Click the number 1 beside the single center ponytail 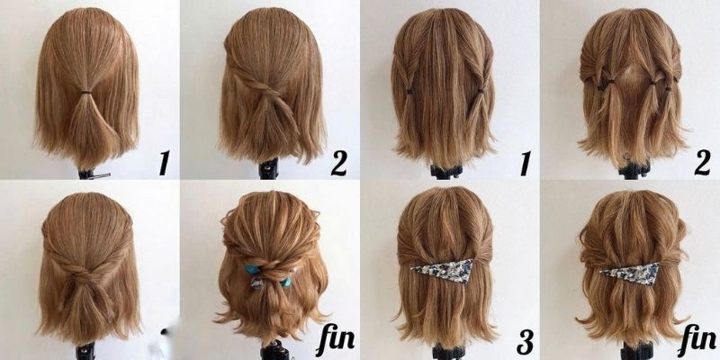tap(164, 163)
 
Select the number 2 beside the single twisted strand tap(339, 164)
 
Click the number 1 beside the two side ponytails tap(525, 164)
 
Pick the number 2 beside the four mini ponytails tap(703, 163)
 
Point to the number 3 tap(525, 342)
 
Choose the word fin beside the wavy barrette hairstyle tap(697, 338)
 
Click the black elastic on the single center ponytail tap(85, 93)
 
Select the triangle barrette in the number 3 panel tap(444, 271)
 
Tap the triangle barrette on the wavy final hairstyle tap(632, 274)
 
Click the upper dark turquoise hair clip tap(251, 269)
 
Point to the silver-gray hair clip tap(256, 283)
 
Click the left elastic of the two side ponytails tap(409, 92)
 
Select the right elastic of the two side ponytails tap(481, 91)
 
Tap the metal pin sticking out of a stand tap(102, 175)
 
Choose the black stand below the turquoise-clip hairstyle tap(274, 351)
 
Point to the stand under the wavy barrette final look tap(636, 351)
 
